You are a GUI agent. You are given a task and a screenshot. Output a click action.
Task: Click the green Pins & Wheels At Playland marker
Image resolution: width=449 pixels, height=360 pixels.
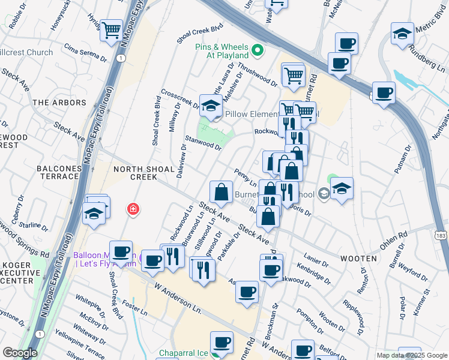258,50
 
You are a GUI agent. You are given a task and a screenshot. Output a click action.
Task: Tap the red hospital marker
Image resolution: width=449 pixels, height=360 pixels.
132,209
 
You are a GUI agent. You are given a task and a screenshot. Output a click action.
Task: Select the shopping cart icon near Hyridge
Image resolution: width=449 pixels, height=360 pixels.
111,31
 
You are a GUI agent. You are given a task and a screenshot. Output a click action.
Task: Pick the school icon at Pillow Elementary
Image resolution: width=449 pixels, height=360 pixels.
211,107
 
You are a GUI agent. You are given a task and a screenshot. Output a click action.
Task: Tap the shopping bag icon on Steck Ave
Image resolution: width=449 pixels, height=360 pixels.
221,193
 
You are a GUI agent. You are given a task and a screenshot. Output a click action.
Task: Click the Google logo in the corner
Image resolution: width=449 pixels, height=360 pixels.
20,353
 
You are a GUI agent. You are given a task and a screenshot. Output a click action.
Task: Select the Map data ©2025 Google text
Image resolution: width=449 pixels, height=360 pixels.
411,355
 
